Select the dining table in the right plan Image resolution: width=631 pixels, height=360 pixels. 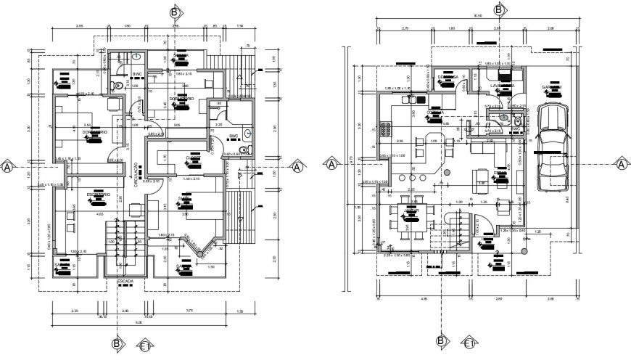411,218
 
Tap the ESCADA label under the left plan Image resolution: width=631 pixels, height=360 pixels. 125,281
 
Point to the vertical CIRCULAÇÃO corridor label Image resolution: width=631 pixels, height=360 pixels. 136,175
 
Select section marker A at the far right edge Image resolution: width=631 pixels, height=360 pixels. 622,165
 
